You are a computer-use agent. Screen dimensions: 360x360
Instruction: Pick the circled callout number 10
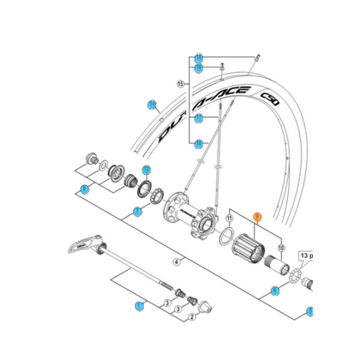tap(280, 247)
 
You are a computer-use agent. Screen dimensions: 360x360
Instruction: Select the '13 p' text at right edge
tap(306, 255)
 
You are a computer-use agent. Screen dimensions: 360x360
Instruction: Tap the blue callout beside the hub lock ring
tap(147, 169)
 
